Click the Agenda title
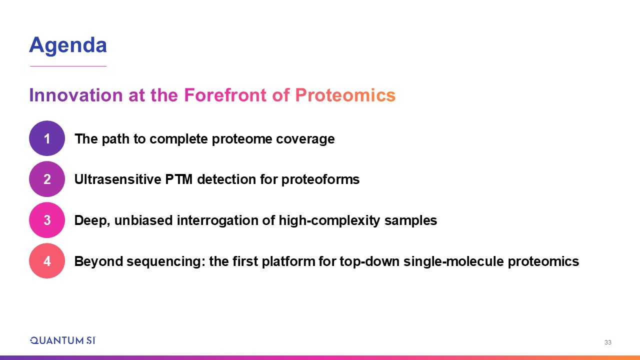pyautogui.click(x=68, y=45)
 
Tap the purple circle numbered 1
pyautogui.click(x=47, y=138)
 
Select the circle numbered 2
pyautogui.click(x=47, y=179)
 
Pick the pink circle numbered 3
pyautogui.click(x=47, y=220)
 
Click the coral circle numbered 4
pyautogui.click(x=47, y=261)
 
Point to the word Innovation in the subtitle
pyautogui.click(x=76, y=95)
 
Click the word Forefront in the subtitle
pyautogui.click(x=225, y=95)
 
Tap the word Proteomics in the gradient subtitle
pyautogui.click(x=345, y=95)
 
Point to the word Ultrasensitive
pyautogui.click(x=117, y=179)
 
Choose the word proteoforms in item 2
pyautogui.click(x=320, y=179)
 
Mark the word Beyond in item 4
pyautogui.click(x=98, y=261)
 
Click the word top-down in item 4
pyautogui.click(x=369, y=261)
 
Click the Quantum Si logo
pyautogui.click(x=63, y=340)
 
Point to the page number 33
pyautogui.click(x=607, y=342)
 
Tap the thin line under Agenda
pyautogui.click(x=68, y=66)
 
